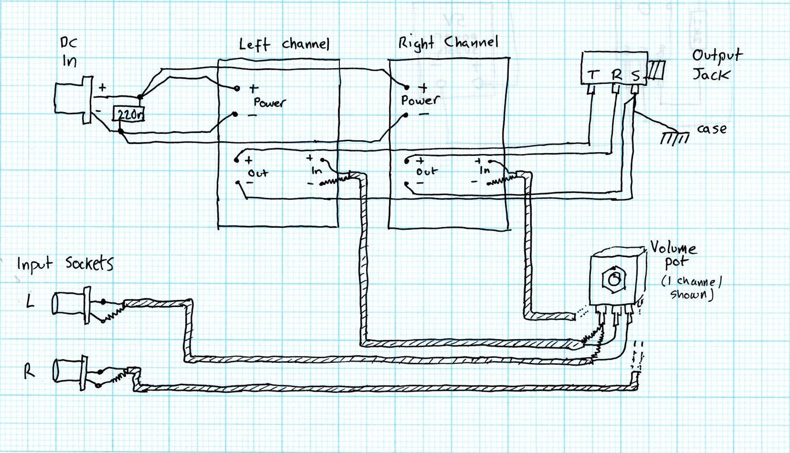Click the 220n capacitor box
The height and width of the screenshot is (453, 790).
tap(128, 114)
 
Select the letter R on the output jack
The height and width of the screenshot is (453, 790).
tap(617, 75)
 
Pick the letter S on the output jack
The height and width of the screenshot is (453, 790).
tap(635, 75)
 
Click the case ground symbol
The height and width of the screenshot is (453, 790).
tap(674, 137)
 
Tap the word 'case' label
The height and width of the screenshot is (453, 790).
tap(712, 129)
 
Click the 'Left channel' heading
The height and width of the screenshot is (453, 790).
tap(284, 44)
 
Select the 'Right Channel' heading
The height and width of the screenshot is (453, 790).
tap(448, 43)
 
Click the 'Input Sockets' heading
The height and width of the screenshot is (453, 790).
tap(65, 264)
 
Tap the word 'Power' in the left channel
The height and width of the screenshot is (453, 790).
tap(269, 102)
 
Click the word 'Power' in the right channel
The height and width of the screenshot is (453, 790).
tap(420, 100)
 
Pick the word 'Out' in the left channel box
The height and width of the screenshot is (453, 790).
tap(258, 173)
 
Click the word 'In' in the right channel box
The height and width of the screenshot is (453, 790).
tap(484, 170)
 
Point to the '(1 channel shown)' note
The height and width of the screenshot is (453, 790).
tap(692, 288)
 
